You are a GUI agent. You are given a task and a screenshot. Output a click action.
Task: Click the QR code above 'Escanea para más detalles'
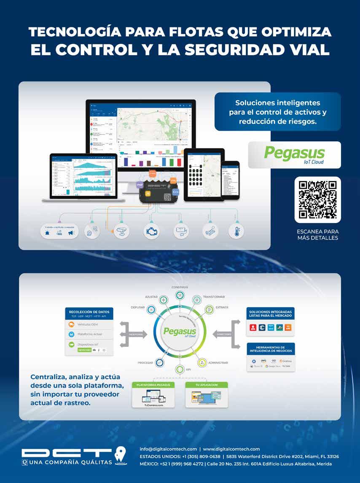pyautogui.click(x=317, y=200)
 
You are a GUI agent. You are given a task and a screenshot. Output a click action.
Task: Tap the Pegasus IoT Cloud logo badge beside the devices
pyautogui.click(x=294, y=155)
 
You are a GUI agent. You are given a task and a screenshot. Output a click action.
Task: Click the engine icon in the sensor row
pyautogui.click(x=151, y=231)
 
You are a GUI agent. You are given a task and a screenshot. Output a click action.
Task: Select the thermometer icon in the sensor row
pyautogui.click(x=236, y=231)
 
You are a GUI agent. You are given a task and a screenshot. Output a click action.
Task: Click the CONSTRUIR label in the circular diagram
pyautogui.click(x=180, y=287)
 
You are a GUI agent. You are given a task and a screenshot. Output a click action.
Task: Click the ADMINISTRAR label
pyautogui.click(x=218, y=363)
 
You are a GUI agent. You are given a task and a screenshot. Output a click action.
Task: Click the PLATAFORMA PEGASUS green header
pyautogui.click(x=153, y=385)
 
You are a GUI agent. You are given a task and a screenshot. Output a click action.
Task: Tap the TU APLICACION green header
pyautogui.click(x=207, y=385)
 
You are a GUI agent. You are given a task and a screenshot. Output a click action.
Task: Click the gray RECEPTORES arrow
pyautogui.click(x=132, y=334)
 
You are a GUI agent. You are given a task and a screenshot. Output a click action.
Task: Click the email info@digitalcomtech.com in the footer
pyautogui.click(x=168, y=449)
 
